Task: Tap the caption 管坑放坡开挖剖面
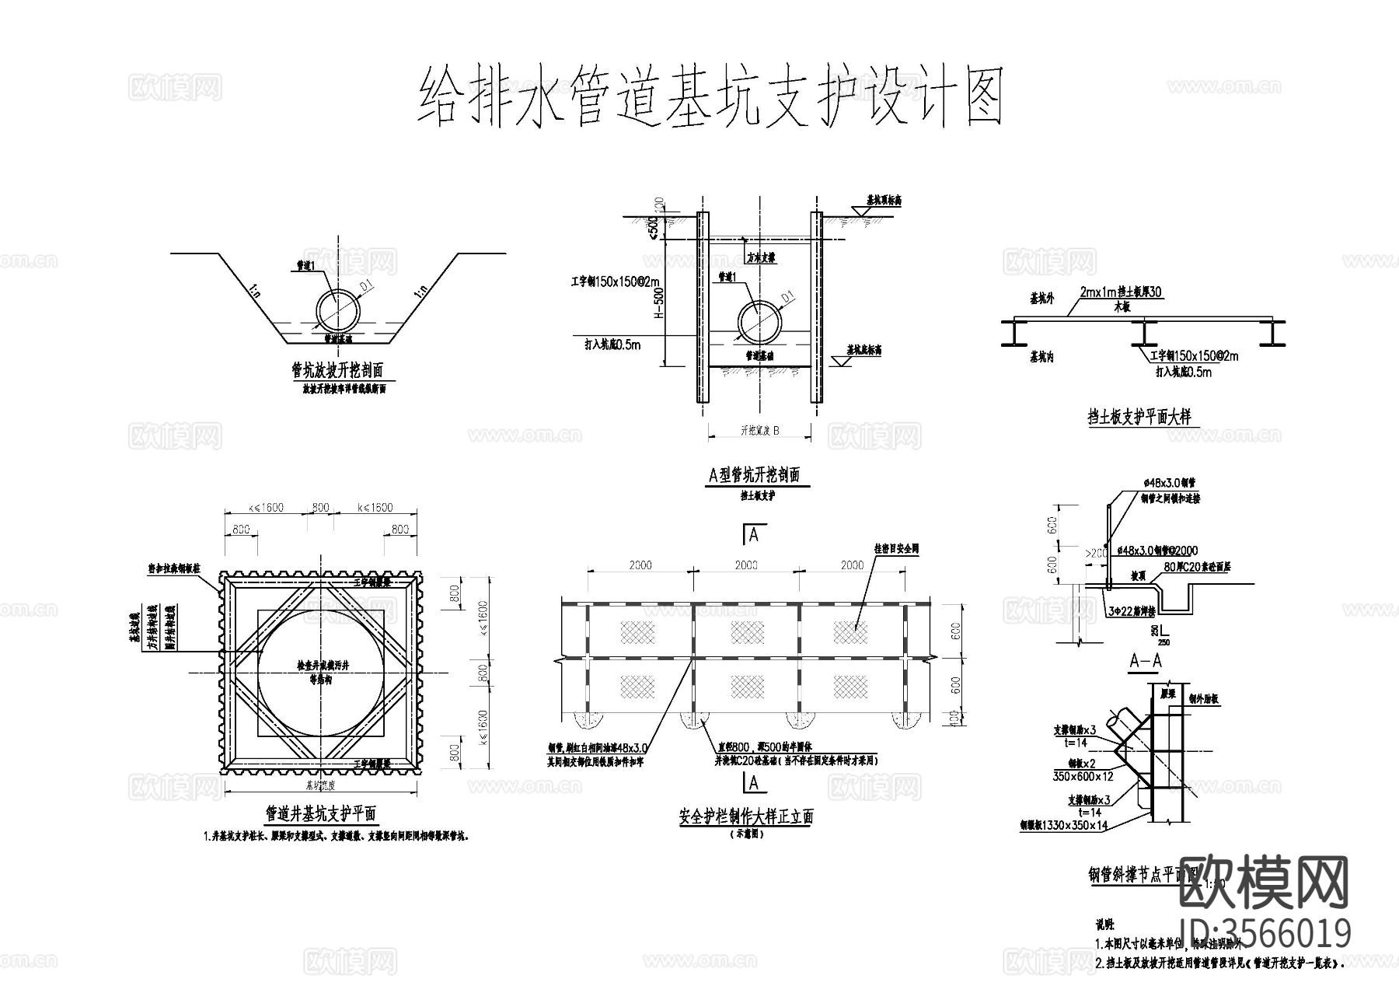337,370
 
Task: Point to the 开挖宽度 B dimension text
759,430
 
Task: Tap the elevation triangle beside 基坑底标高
841,361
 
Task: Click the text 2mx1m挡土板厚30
1121,293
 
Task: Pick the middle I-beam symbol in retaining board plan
1143,334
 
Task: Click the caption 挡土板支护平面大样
1139,418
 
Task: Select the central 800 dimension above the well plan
320,508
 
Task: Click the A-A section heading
1145,661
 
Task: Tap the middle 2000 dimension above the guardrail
746,565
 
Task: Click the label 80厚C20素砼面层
1197,568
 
